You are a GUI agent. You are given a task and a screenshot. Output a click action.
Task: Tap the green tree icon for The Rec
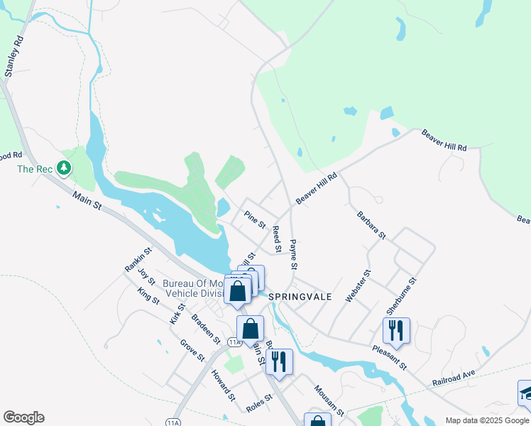[65, 168]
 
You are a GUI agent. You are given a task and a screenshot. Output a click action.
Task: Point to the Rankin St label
[138, 259]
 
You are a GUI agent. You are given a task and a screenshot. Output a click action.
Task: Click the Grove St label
[192, 349]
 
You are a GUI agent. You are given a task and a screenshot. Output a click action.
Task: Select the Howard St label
[223, 384]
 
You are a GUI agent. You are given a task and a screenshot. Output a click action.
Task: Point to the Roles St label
[259, 402]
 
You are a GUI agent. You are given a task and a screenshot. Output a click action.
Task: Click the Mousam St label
[329, 400]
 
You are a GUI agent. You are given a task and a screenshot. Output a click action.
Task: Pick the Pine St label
[254, 219]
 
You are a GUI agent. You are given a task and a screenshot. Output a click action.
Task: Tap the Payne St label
[293, 254]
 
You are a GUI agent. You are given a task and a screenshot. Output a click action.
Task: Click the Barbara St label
[371, 224]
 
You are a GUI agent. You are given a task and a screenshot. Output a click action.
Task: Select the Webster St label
[358, 286]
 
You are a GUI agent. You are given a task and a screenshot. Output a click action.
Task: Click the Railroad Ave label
[453, 378]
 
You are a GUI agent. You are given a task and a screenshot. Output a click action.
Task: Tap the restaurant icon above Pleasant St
[396, 330]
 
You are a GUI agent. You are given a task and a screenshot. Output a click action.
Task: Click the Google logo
[23, 417]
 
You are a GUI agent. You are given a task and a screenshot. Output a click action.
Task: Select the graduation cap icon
[526, 392]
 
